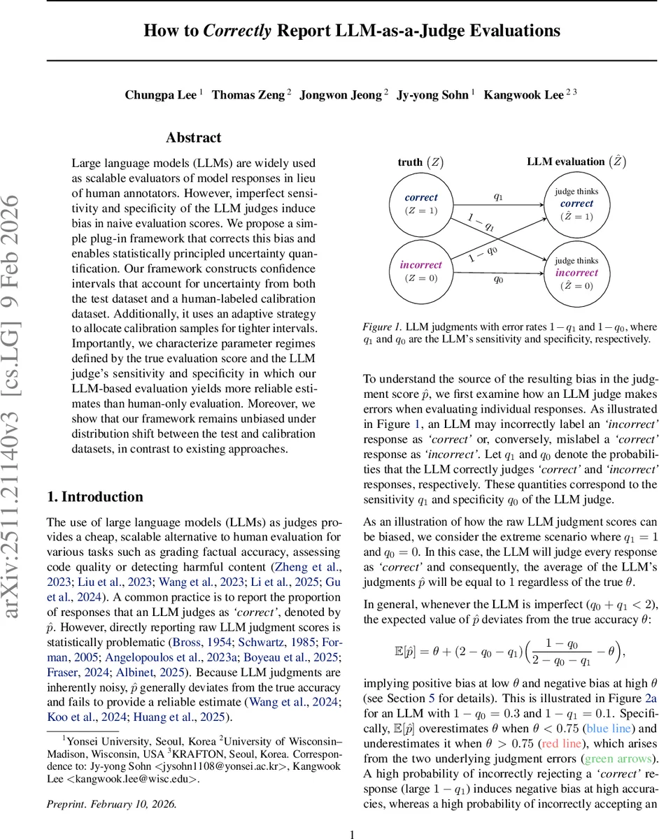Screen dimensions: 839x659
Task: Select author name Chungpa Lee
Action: (x=161, y=95)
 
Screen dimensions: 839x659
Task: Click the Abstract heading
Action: (x=194, y=138)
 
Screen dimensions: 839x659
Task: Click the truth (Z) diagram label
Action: (x=420, y=162)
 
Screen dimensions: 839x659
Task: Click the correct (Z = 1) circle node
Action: (x=420, y=203)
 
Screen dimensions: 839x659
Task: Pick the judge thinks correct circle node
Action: (x=576, y=203)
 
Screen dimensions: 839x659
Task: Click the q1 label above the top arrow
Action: (x=498, y=196)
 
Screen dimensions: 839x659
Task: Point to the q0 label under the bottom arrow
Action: (x=498, y=278)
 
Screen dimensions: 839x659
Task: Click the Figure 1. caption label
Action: (x=382, y=327)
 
